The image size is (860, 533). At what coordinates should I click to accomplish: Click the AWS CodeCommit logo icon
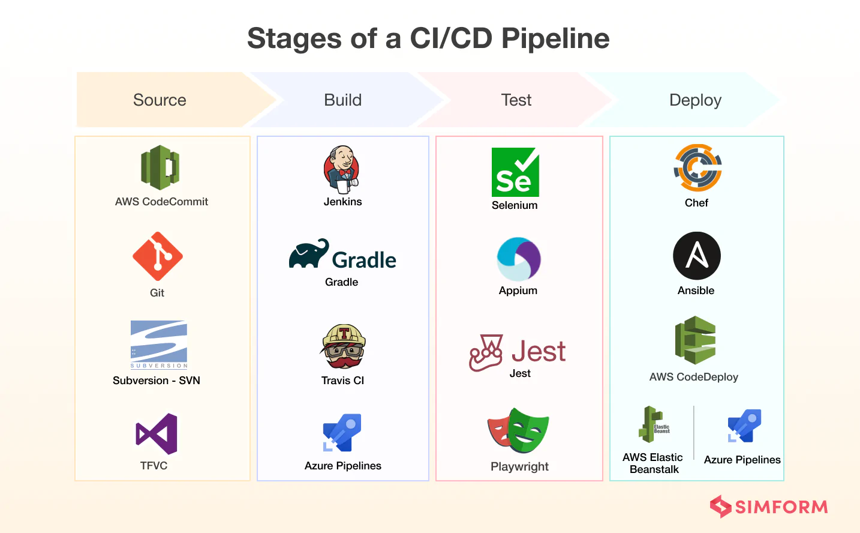160,167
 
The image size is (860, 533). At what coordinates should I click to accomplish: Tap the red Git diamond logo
158,256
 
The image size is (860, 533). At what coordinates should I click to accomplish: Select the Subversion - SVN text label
157,381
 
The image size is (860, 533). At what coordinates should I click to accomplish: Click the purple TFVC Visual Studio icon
157,433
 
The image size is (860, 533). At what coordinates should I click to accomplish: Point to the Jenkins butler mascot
342,169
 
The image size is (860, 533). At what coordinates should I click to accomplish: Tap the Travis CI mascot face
344,347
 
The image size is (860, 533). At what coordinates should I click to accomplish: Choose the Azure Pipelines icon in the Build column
342,432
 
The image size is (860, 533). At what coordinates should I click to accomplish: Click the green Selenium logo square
515,172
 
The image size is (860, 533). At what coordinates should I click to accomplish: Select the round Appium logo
519,259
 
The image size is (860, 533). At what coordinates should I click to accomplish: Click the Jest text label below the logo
520,373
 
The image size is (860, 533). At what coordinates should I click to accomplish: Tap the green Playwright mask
528,430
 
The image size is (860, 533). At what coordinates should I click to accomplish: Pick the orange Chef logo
697,168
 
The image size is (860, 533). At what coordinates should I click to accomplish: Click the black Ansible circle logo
697,256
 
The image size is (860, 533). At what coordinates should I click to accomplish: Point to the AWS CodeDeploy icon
696,340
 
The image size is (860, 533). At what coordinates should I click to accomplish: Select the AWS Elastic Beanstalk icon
653,424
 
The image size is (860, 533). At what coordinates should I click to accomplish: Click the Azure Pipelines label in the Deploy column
742,460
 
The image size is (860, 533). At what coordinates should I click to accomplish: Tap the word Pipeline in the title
555,38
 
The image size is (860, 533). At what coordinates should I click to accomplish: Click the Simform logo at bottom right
769,507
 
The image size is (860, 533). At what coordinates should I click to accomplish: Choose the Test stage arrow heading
516,100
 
